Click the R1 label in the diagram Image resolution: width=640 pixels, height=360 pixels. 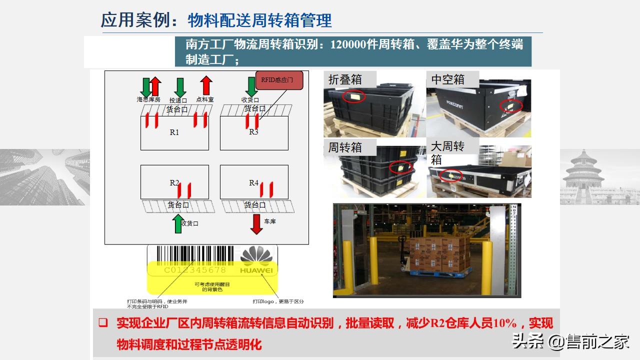[174, 132]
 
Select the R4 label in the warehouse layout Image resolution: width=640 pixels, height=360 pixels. [254, 183]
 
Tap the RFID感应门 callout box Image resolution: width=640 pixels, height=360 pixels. [280, 80]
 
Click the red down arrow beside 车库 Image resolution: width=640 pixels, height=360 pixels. [256, 224]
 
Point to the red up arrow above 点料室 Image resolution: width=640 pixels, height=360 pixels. [205, 85]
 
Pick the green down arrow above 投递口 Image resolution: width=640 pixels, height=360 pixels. [180, 87]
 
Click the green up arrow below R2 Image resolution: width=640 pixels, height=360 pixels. [177, 224]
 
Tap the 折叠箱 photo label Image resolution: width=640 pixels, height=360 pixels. [345, 79]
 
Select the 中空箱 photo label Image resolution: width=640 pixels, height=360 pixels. [448, 79]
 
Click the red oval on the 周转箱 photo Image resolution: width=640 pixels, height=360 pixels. [401, 167]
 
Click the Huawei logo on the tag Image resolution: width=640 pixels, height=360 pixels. [257, 260]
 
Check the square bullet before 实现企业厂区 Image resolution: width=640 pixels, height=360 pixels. [103, 323]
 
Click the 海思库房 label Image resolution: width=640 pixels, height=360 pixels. [148, 99]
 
